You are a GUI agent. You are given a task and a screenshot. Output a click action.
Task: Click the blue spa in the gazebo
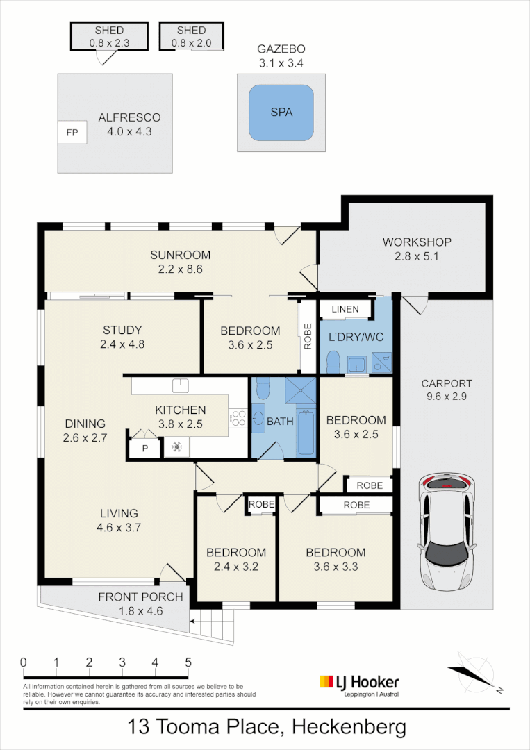pos(281,113)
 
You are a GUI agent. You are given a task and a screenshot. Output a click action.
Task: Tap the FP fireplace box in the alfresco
pos(72,133)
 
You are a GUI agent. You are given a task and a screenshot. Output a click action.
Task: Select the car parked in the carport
pos(447,532)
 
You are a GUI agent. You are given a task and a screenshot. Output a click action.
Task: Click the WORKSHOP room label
pos(417,242)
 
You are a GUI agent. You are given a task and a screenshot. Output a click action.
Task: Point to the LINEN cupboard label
pos(345,309)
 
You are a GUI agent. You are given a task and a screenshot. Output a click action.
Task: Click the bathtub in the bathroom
pos(306,433)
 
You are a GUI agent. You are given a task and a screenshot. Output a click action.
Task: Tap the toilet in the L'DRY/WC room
pos(333,362)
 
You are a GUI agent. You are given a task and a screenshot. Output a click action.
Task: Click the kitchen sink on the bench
pos(181,385)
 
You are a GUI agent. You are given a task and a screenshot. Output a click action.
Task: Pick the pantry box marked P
pos(145,449)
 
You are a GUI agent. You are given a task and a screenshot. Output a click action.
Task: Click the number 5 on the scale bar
pos(188,662)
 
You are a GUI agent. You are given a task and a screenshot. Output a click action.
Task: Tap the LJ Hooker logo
pos(359,685)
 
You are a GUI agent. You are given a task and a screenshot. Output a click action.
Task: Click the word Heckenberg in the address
pos(349,726)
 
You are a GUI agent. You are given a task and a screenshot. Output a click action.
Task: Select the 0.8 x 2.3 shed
pos(110,36)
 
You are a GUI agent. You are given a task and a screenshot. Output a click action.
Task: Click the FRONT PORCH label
pos(140,597)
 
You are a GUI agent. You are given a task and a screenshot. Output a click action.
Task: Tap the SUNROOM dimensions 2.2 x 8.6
pos(181,269)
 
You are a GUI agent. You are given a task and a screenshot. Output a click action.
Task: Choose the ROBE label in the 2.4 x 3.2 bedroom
pos(261,505)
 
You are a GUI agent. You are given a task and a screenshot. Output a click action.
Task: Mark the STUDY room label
pos(122,330)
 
